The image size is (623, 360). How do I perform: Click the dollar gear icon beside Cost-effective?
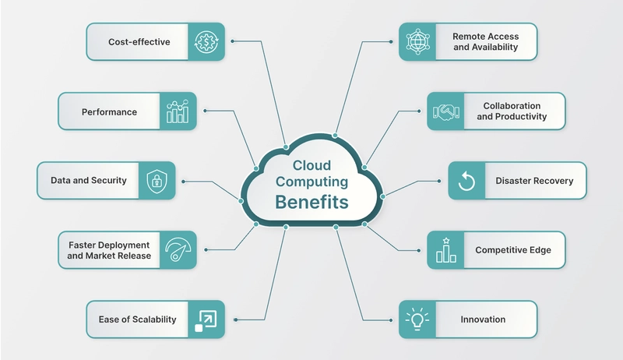pos(206,42)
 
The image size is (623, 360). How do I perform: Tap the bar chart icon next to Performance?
pos(178,111)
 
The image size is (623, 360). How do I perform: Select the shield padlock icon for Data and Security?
pos(157,182)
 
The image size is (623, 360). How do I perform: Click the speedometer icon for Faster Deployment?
pos(178,249)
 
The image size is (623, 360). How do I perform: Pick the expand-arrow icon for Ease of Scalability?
pos(206,320)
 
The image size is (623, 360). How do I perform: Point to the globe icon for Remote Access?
pos(417,42)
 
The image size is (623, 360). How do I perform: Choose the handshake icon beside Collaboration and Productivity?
pos(445,111)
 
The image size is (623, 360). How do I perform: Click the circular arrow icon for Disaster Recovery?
pos(466,182)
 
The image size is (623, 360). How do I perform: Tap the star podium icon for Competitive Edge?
pos(446,250)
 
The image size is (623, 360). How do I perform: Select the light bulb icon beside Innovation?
pos(417,319)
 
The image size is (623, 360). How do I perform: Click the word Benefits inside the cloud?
pos(312,203)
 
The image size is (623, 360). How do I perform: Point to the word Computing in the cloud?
pos(312,182)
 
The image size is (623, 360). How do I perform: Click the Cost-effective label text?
pos(139,42)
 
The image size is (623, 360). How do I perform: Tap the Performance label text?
pos(109,112)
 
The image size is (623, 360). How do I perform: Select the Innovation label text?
pos(483,319)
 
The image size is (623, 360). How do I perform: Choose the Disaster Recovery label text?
pos(534,181)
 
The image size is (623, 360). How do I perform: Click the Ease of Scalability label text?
pos(138,319)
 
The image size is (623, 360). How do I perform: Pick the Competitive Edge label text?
pos(513,250)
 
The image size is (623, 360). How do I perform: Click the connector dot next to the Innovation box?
pos(391,319)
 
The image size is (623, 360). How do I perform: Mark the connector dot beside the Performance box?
pos(205,111)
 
